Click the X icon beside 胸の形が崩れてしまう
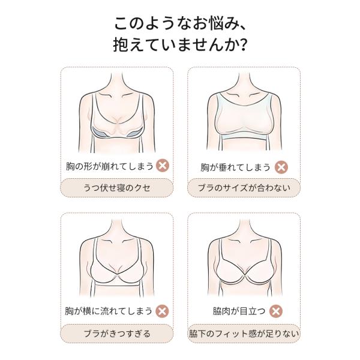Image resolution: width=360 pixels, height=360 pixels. [x=163, y=166]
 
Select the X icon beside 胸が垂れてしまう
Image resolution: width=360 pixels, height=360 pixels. [x=281, y=167]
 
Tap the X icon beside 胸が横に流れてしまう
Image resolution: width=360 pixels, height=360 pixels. [x=162, y=311]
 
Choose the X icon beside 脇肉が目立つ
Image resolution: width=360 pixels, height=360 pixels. [x=276, y=311]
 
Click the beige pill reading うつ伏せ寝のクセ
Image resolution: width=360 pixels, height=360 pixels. [x=116, y=188]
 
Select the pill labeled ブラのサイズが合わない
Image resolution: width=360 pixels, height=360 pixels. [x=244, y=188]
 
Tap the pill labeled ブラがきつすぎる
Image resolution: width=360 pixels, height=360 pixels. [x=116, y=334]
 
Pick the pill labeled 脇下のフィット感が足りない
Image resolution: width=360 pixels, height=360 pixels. [x=244, y=334]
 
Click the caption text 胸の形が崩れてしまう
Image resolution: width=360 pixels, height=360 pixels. [x=110, y=166]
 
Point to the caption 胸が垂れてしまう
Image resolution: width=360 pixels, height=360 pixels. [x=236, y=167]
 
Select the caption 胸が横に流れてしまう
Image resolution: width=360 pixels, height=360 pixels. [x=109, y=311]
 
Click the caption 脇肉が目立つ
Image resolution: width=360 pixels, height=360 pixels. [x=239, y=311]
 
